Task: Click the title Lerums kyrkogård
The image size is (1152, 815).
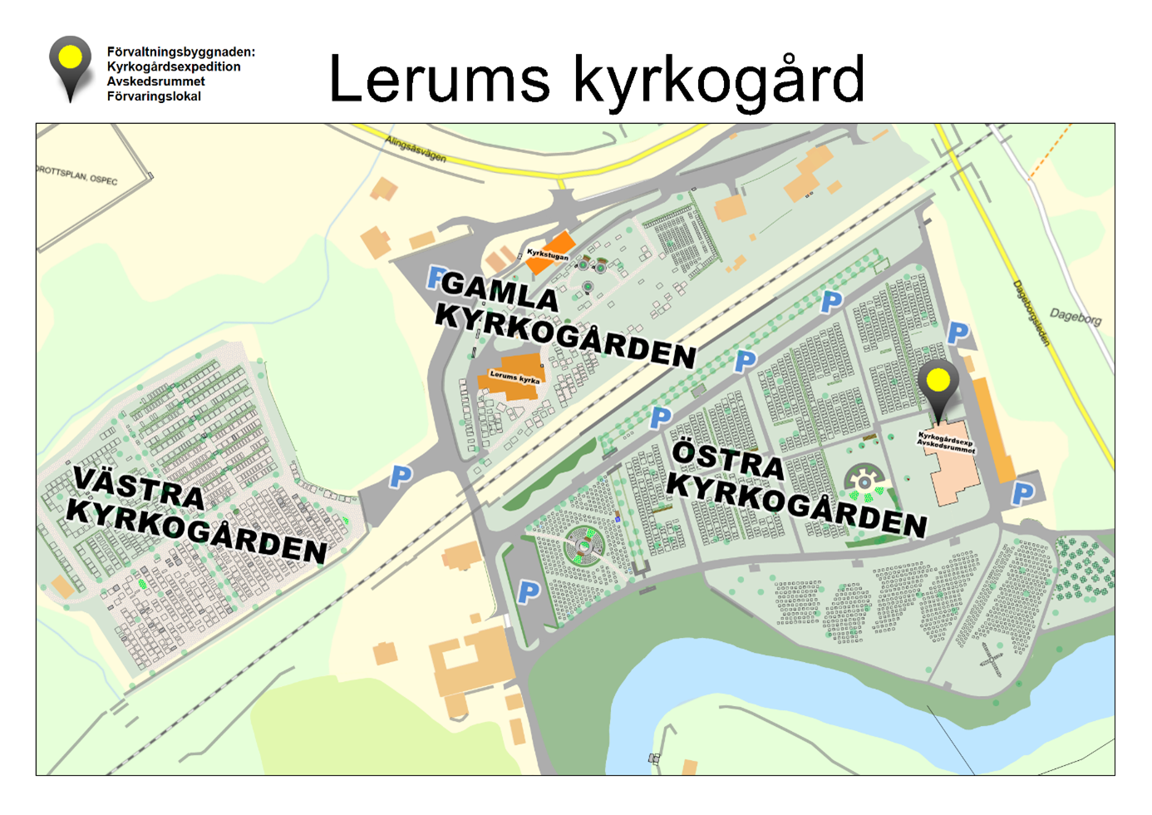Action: (x=597, y=80)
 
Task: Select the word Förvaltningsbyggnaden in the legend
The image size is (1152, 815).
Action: (x=180, y=52)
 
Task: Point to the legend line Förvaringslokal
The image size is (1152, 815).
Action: (x=154, y=96)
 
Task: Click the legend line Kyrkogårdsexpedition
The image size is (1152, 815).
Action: (x=174, y=67)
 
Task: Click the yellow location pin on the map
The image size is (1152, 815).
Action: (x=938, y=382)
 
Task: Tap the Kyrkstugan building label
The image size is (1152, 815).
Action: (x=548, y=253)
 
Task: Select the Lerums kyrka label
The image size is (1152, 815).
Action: (x=514, y=376)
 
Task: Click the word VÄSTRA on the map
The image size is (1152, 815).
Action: (x=139, y=487)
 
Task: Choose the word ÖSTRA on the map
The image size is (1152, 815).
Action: (x=728, y=460)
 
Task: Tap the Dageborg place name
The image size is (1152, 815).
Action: (x=1075, y=317)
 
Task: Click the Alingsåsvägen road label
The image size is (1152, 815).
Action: (x=415, y=149)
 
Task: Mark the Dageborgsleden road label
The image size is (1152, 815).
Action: (x=1031, y=313)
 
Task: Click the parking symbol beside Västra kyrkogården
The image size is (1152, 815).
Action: (x=401, y=477)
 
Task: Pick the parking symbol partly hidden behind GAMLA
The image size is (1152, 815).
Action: (x=434, y=277)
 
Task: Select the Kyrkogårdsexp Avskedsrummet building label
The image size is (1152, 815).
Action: (x=946, y=441)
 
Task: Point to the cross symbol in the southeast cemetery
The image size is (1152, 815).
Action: (x=991, y=659)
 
